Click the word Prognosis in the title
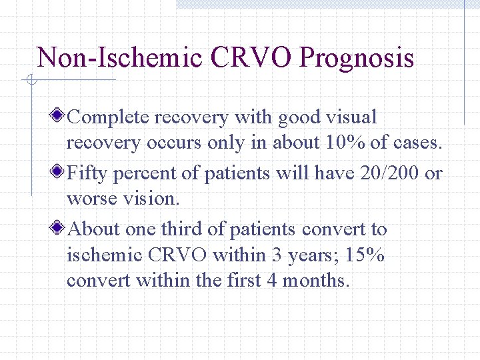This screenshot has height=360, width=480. coord(357,58)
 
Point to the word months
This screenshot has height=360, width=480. coord(315,281)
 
